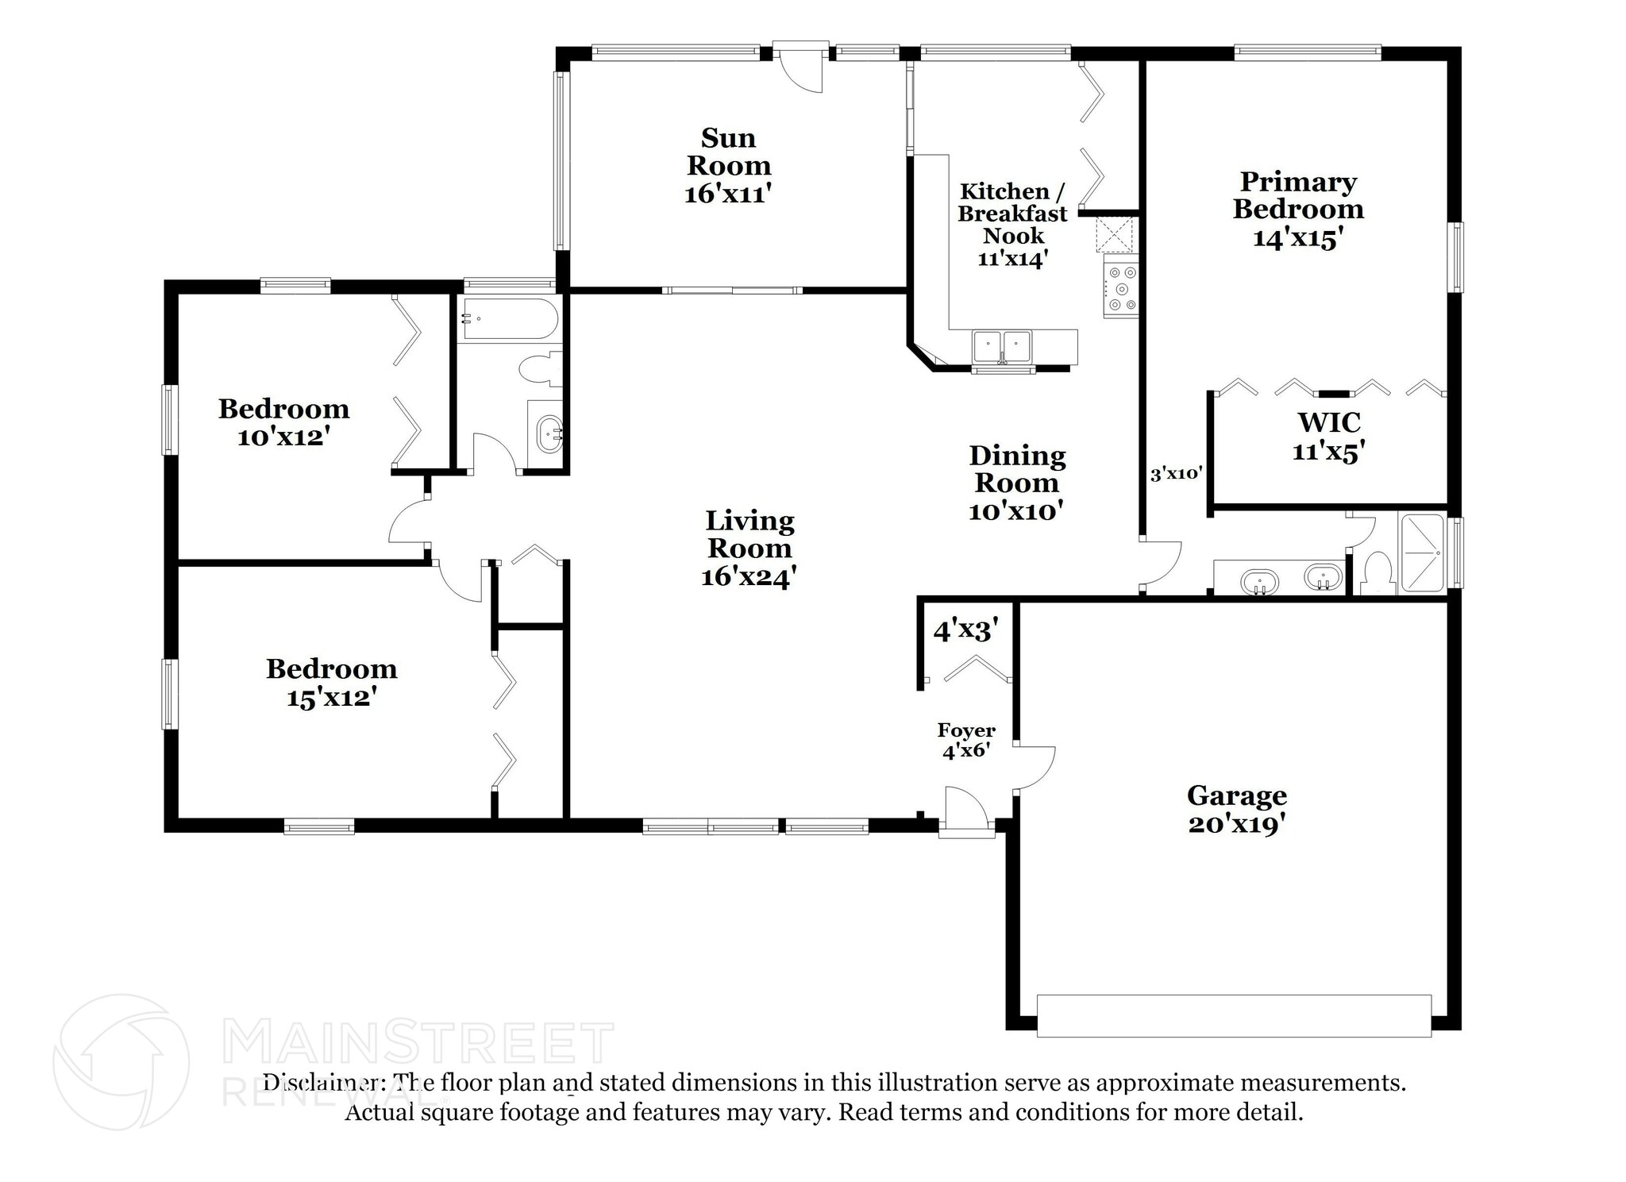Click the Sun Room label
(x=728, y=152)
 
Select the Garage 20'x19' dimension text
(x=1236, y=824)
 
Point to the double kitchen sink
(x=1002, y=346)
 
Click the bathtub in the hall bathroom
(x=509, y=319)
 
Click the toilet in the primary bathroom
(x=1377, y=572)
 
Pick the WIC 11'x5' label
(x=1328, y=436)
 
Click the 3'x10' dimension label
(x=1176, y=475)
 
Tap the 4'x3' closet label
(x=965, y=631)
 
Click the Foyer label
(x=966, y=730)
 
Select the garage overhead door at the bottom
(x=1234, y=1015)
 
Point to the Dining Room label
(x=1016, y=468)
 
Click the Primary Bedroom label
(x=1298, y=195)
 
